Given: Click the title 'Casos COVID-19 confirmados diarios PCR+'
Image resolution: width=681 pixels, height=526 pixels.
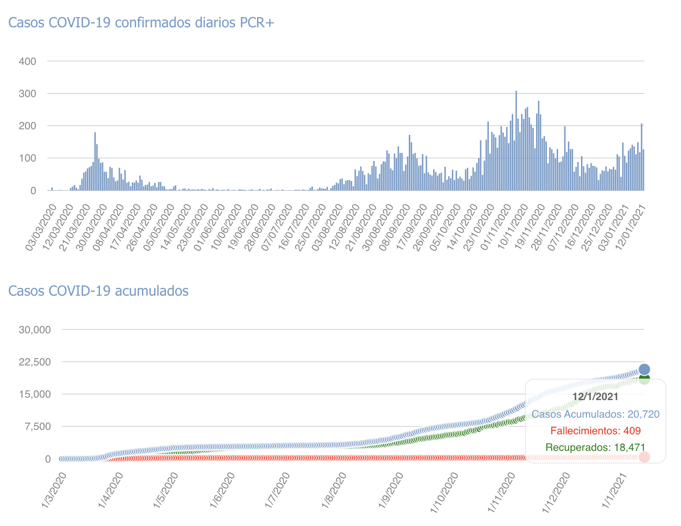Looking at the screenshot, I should click(x=141, y=23).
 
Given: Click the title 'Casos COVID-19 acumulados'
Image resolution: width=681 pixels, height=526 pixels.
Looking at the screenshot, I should click(x=99, y=291).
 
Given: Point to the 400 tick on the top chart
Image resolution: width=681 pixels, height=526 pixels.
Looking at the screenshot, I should click(x=27, y=61).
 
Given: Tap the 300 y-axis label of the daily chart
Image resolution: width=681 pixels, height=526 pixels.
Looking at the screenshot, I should click(x=27, y=94).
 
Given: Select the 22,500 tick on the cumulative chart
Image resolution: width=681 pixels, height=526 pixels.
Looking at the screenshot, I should click(x=35, y=362).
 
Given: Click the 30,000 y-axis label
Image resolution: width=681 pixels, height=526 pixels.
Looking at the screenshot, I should click(x=35, y=330).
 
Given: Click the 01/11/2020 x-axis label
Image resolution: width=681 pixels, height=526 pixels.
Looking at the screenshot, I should click(x=496, y=227).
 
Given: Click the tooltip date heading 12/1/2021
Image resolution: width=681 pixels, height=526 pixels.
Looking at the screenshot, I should click(x=595, y=397).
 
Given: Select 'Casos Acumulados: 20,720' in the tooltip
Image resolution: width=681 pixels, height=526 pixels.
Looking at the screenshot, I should click(x=595, y=414).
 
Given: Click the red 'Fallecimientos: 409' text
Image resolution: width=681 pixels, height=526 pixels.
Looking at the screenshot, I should click(x=595, y=431).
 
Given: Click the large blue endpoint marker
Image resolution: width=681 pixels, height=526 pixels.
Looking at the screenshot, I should click(x=644, y=369).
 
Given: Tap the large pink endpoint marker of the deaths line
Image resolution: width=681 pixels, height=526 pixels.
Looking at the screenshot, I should click(x=644, y=457).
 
